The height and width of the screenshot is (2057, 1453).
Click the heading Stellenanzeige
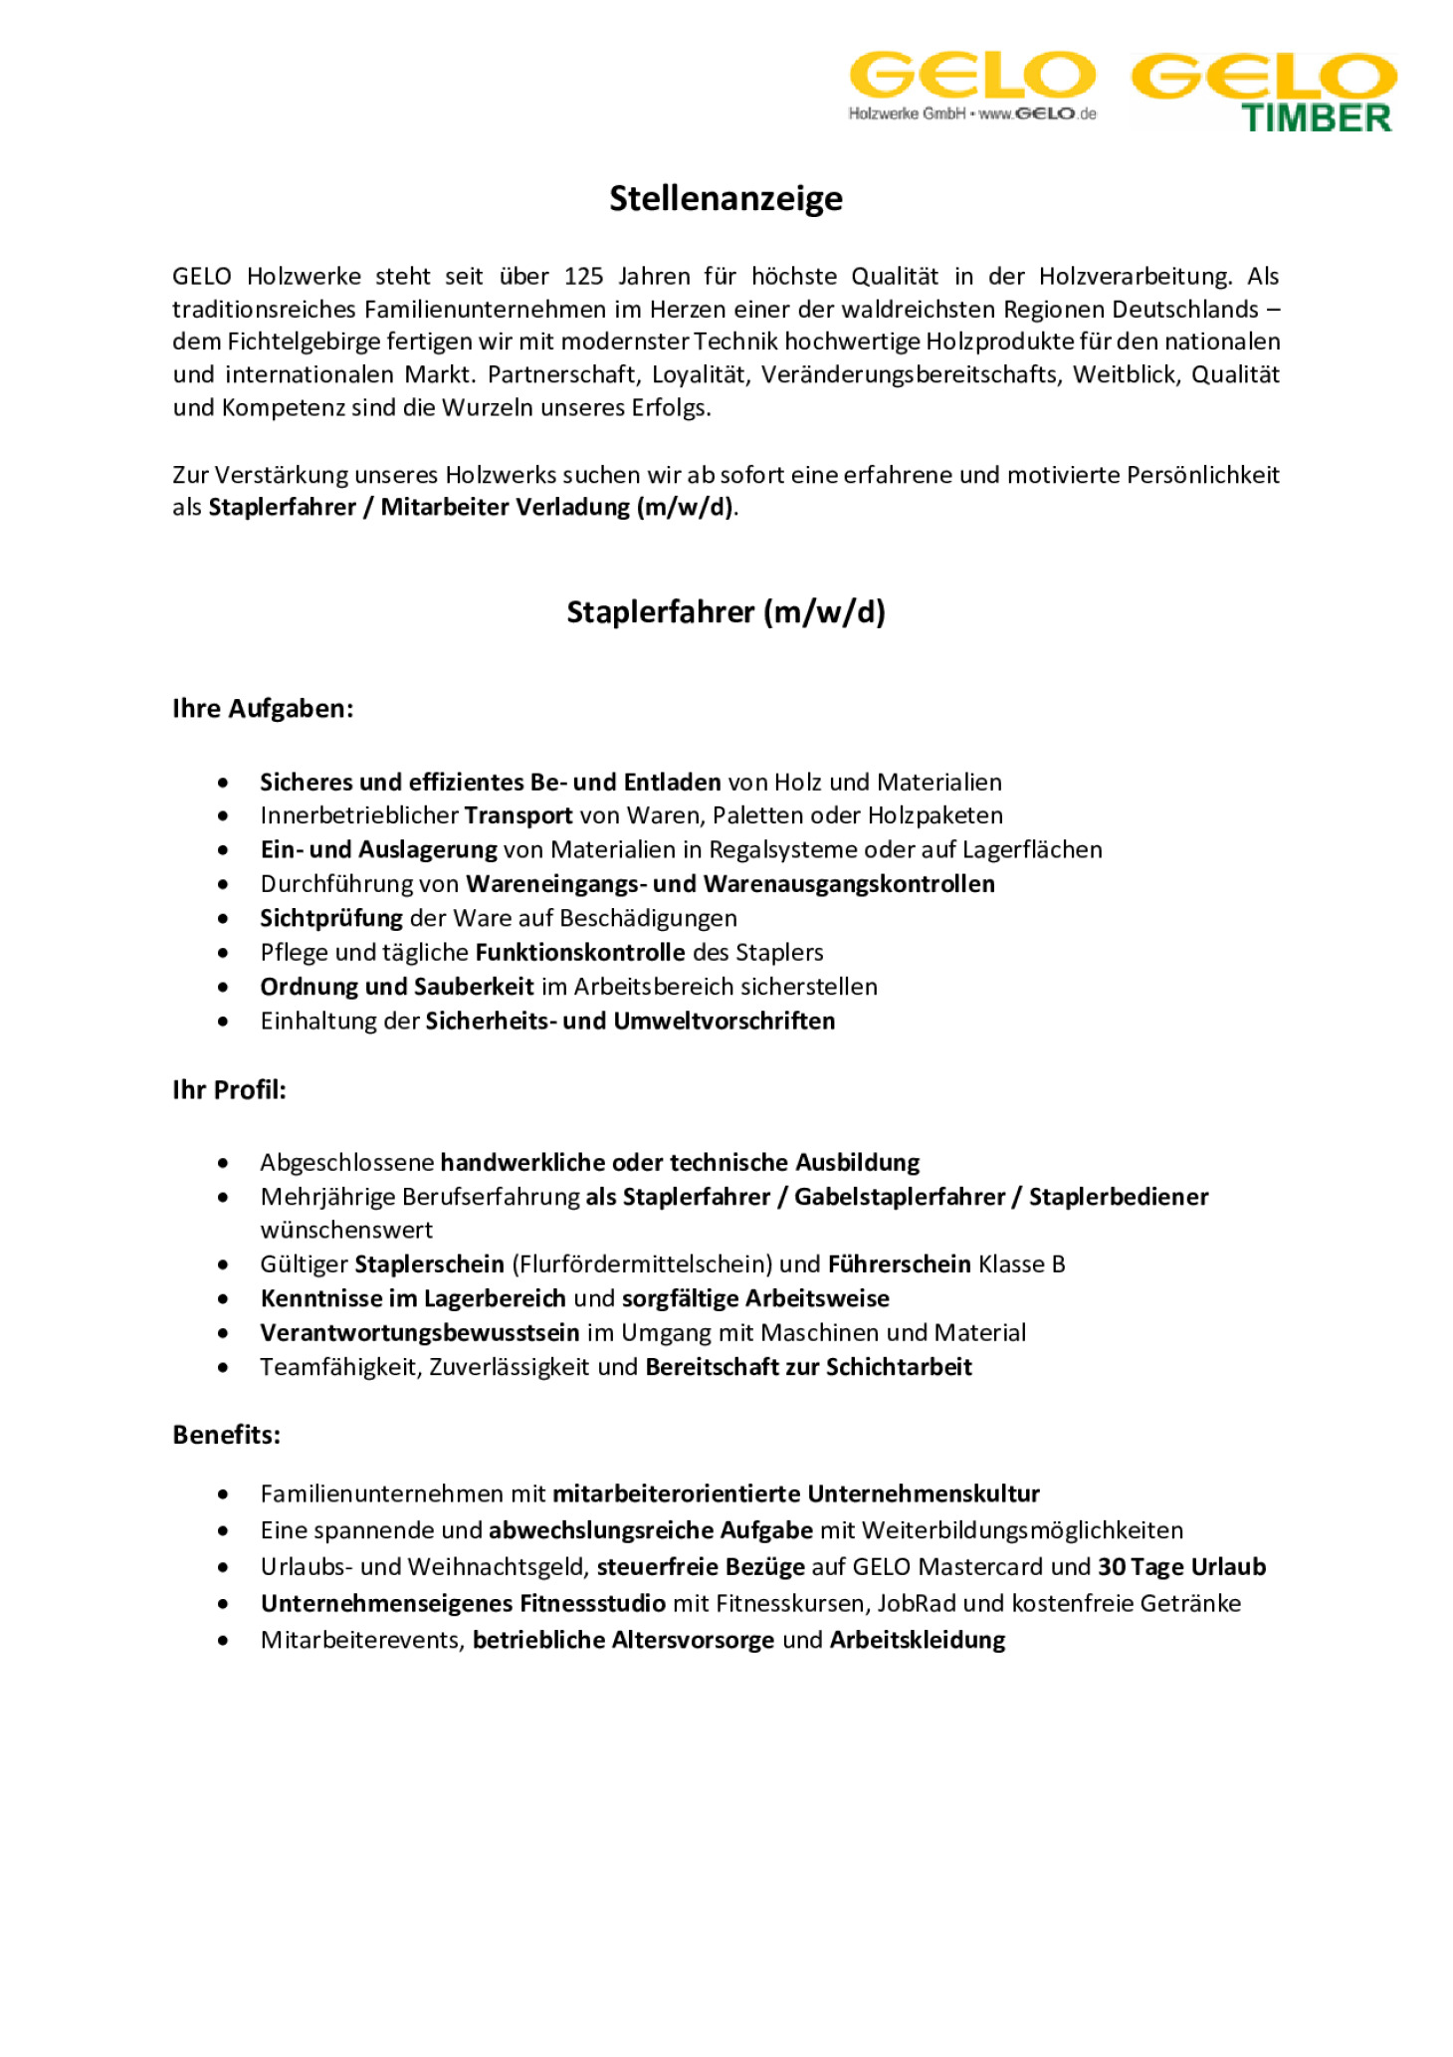tap(726, 198)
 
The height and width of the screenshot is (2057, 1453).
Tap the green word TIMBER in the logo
tap(1316, 118)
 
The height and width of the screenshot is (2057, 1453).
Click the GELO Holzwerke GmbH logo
tap(971, 86)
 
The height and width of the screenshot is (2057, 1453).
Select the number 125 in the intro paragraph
tap(583, 276)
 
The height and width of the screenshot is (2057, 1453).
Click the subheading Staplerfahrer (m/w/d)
tap(726, 611)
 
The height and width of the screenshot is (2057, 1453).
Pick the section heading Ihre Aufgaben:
tap(263, 709)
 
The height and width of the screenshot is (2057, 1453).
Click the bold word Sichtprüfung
tap(331, 918)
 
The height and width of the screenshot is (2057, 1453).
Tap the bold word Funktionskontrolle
tap(580, 952)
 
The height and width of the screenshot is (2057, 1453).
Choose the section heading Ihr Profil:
tap(229, 1089)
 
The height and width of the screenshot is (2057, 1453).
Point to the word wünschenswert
tap(346, 1230)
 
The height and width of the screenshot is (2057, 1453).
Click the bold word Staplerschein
tap(429, 1264)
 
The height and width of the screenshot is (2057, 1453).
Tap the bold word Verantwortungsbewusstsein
tap(419, 1332)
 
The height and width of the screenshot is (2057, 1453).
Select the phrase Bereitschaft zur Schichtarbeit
tap(808, 1367)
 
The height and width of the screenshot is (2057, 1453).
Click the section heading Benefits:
tap(226, 1435)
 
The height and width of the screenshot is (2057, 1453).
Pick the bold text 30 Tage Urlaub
tap(1181, 1567)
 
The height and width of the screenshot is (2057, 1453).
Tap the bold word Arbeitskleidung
tap(917, 1640)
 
